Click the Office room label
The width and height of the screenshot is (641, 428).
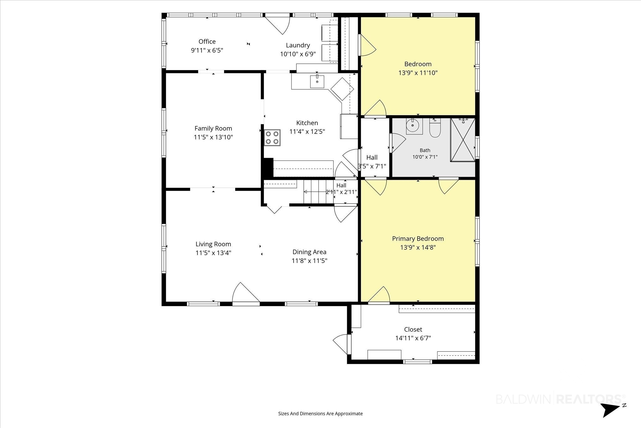(207, 41)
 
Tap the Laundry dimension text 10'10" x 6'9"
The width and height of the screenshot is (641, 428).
(298, 54)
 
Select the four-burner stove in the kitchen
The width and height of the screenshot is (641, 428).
(272, 138)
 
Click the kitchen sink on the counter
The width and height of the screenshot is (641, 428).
(317, 81)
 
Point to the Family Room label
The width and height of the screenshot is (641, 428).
(213, 128)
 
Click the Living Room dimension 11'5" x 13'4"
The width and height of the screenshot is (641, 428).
(213, 253)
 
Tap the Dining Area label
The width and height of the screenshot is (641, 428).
(309, 252)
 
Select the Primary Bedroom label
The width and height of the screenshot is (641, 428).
(418, 239)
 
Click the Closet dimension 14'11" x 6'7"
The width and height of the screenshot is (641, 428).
(413, 338)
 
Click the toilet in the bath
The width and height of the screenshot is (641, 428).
(435, 128)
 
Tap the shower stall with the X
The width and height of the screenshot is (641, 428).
(463, 140)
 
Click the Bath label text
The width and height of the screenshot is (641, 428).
(425, 150)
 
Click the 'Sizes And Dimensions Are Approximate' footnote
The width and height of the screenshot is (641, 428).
(320, 414)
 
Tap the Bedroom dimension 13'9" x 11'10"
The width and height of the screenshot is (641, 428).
(418, 73)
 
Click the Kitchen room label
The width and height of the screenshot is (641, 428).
(307, 123)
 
